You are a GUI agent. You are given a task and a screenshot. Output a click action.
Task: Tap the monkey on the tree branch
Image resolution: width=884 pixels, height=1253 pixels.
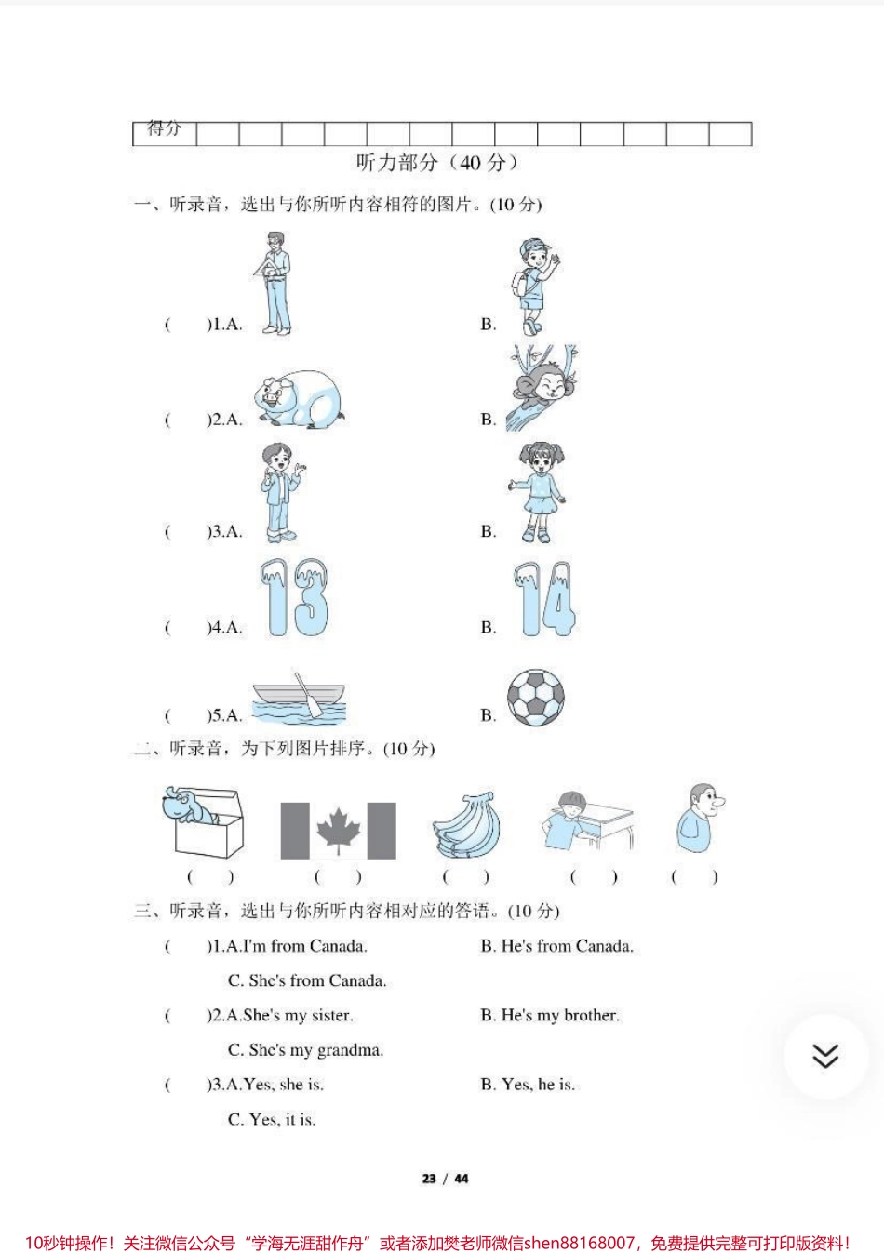539,389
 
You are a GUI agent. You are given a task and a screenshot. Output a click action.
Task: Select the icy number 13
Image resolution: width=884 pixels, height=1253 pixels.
294,598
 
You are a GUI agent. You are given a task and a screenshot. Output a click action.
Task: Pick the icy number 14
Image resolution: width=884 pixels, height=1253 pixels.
543,600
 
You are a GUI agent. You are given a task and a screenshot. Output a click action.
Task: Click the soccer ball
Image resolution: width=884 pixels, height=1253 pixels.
536,698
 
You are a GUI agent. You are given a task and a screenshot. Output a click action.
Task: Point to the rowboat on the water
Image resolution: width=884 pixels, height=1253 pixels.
299,700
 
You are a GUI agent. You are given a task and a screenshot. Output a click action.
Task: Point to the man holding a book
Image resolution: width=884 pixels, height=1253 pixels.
274,283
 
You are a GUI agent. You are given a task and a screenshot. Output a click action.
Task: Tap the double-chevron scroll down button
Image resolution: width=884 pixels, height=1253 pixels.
825,1056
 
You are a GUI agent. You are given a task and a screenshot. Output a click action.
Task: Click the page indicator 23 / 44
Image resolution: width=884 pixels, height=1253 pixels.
445,1179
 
